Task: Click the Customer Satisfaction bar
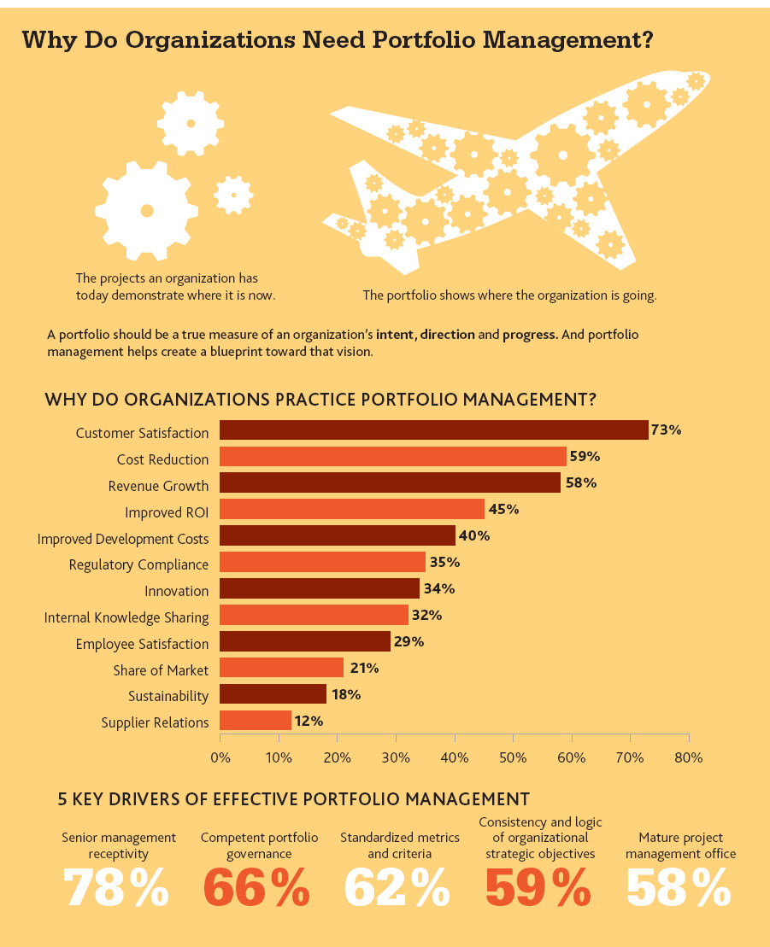point(434,430)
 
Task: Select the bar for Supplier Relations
point(255,721)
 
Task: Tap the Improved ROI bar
point(352,509)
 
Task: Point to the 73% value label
point(666,430)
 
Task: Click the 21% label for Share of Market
point(364,668)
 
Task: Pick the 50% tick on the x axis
point(513,757)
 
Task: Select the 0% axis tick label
point(220,757)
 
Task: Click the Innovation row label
point(177,591)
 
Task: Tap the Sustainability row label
point(168,696)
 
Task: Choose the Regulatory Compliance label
point(138,564)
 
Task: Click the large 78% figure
point(116,888)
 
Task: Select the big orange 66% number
point(257,888)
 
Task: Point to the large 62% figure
point(397,888)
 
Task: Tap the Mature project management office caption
point(680,845)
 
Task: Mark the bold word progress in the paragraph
point(530,335)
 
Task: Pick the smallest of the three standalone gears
point(233,195)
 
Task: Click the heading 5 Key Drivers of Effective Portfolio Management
point(293,799)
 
